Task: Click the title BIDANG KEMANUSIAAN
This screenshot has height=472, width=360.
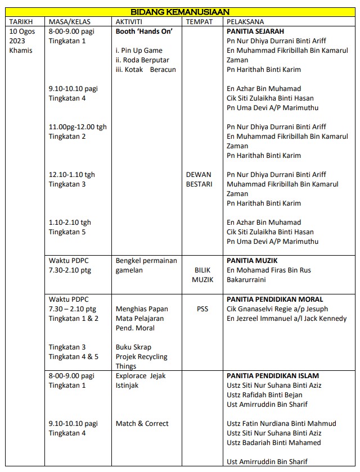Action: [x=179, y=12]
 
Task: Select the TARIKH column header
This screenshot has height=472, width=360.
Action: [x=22, y=21]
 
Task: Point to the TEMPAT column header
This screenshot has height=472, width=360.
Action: [x=199, y=21]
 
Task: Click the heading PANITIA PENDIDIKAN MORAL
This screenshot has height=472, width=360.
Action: [x=275, y=299]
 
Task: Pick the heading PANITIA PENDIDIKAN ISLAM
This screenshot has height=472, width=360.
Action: [x=273, y=375]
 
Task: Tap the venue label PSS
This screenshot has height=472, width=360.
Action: [x=202, y=308]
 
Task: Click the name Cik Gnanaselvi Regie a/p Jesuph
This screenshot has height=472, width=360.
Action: [x=277, y=309]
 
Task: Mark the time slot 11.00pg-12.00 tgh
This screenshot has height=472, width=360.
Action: [x=78, y=127]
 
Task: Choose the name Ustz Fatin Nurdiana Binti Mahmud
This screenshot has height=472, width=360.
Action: [x=281, y=424]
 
